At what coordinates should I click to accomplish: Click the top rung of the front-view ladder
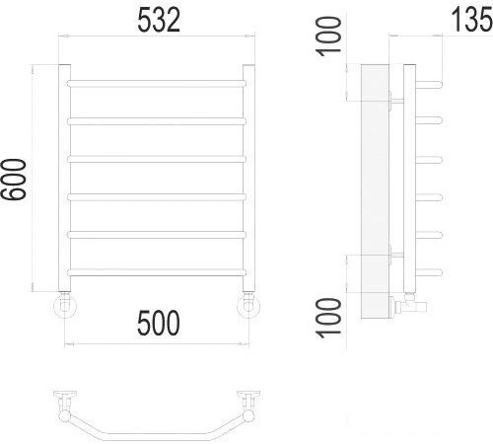pyautogui.click(x=157, y=82)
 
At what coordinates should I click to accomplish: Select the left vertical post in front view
pyautogui.click(x=64, y=178)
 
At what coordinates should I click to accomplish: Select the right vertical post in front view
pyautogui.click(x=248, y=178)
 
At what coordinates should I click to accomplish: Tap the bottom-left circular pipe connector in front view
pyautogui.click(x=64, y=306)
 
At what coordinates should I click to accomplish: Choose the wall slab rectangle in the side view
pyautogui.click(x=375, y=192)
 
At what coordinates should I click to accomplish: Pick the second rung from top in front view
pyautogui.click(x=157, y=120)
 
